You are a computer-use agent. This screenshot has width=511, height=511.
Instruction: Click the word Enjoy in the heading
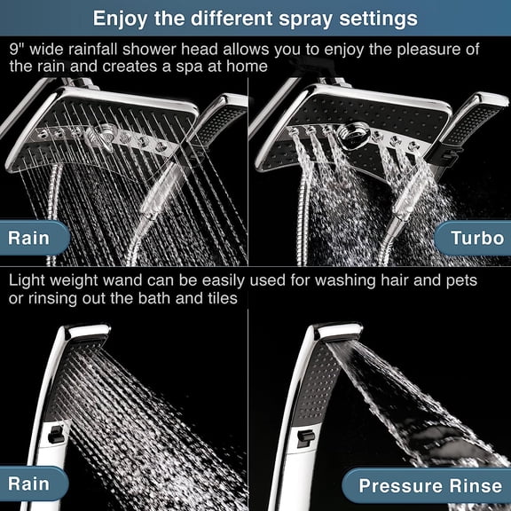[122, 18]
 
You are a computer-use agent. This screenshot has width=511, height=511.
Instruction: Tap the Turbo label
[476, 237]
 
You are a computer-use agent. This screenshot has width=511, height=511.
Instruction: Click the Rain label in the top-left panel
[29, 237]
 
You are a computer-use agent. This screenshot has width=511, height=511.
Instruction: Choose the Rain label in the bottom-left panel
[29, 485]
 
